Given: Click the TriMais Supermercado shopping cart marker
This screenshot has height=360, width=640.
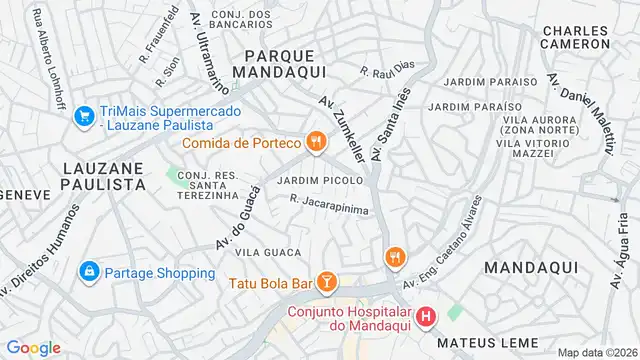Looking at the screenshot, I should (84, 116).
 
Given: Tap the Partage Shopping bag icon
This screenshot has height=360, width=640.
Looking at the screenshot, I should (89, 272).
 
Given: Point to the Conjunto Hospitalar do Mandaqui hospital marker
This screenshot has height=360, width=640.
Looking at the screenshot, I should (426, 319).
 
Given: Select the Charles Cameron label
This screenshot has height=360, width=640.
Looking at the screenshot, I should (574, 37).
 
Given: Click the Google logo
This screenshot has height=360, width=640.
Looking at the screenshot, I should (32, 348).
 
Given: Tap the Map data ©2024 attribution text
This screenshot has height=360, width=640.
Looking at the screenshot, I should (596, 352).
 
